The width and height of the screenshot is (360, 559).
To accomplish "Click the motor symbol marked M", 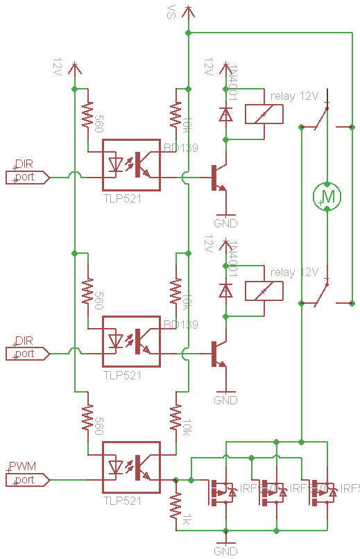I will [x=327, y=196].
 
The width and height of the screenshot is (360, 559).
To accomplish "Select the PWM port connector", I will [x=27, y=479].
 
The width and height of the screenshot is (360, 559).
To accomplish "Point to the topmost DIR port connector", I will [x=27, y=177].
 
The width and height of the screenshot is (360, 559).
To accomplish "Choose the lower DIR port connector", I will [x=27, y=354].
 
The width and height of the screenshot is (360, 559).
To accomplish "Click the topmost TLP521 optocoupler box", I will [x=132, y=164].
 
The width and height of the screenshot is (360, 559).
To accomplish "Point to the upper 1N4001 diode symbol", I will [x=225, y=114].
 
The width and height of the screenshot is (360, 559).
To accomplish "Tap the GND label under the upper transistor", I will [x=225, y=223].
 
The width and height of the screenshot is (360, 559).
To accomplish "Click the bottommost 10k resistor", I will [x=176, y=419].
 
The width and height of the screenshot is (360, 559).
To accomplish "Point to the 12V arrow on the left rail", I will [x=75, y=68].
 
